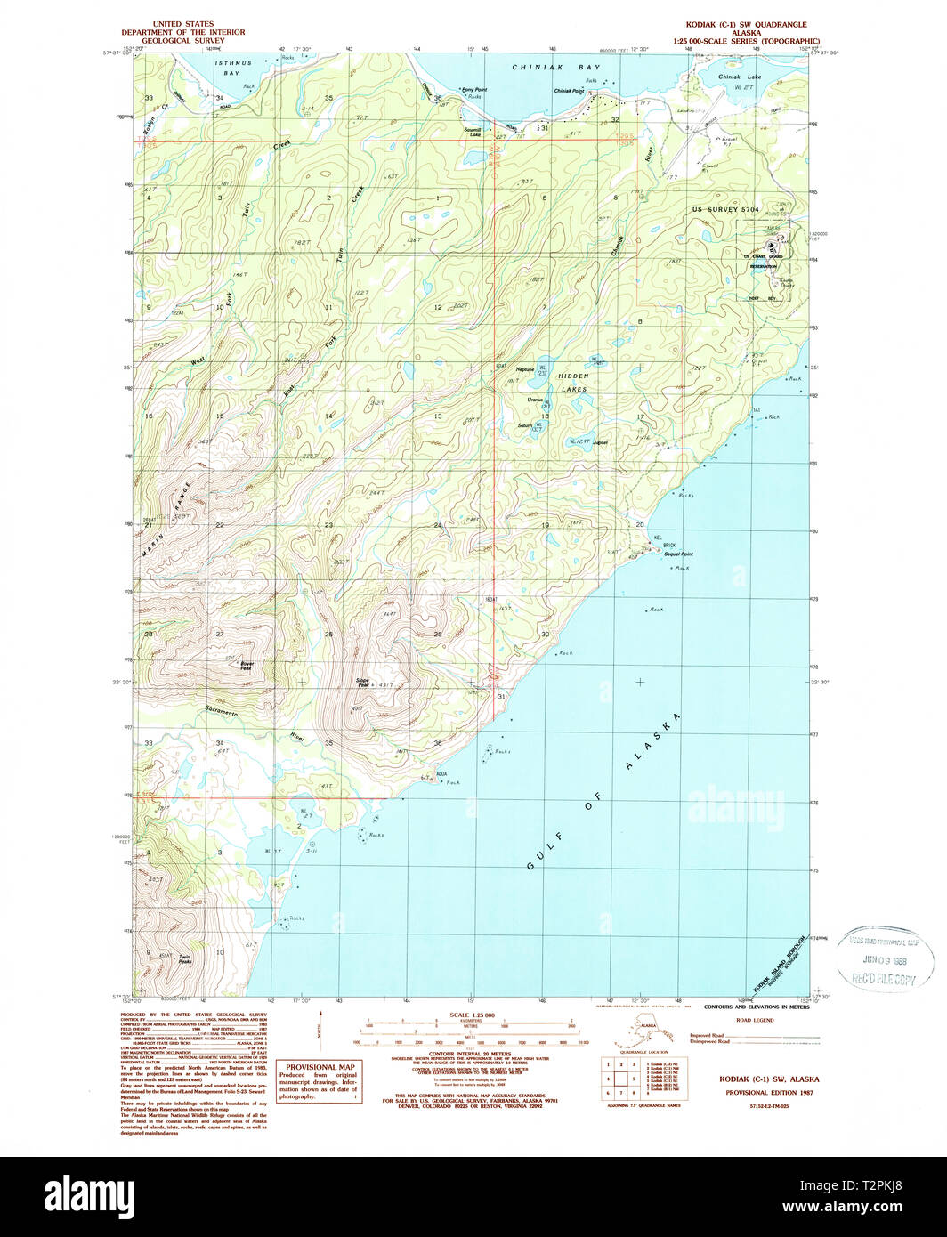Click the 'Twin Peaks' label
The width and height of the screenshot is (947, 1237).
[x=185, y=959]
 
